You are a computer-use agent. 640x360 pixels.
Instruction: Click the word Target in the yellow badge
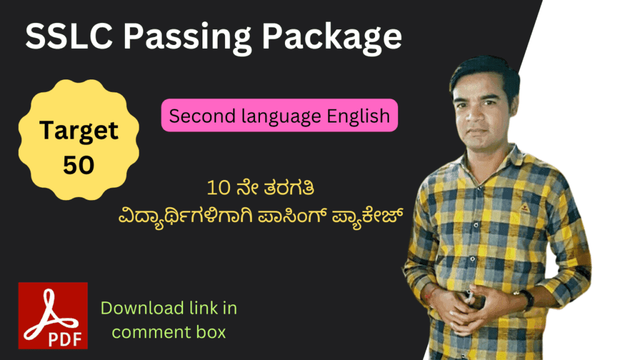point(79,131)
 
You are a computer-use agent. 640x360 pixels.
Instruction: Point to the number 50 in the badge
point(79,164)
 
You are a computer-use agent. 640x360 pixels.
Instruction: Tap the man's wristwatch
point(526,299)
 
